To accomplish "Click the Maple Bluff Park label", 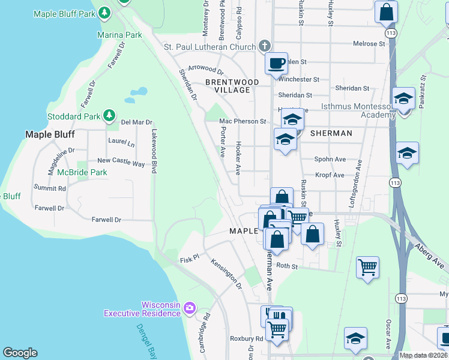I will coord(65,13).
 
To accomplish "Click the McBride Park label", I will coord(82,172).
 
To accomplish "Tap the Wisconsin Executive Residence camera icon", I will coord(190,308).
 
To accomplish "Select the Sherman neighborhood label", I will coord(331,133).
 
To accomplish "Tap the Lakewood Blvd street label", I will coord(154,152).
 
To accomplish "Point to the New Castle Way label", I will coord(121,161).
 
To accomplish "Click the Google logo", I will coord(20,353).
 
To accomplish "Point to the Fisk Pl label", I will coord(188,260).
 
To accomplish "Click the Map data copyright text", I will coord(423,355).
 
